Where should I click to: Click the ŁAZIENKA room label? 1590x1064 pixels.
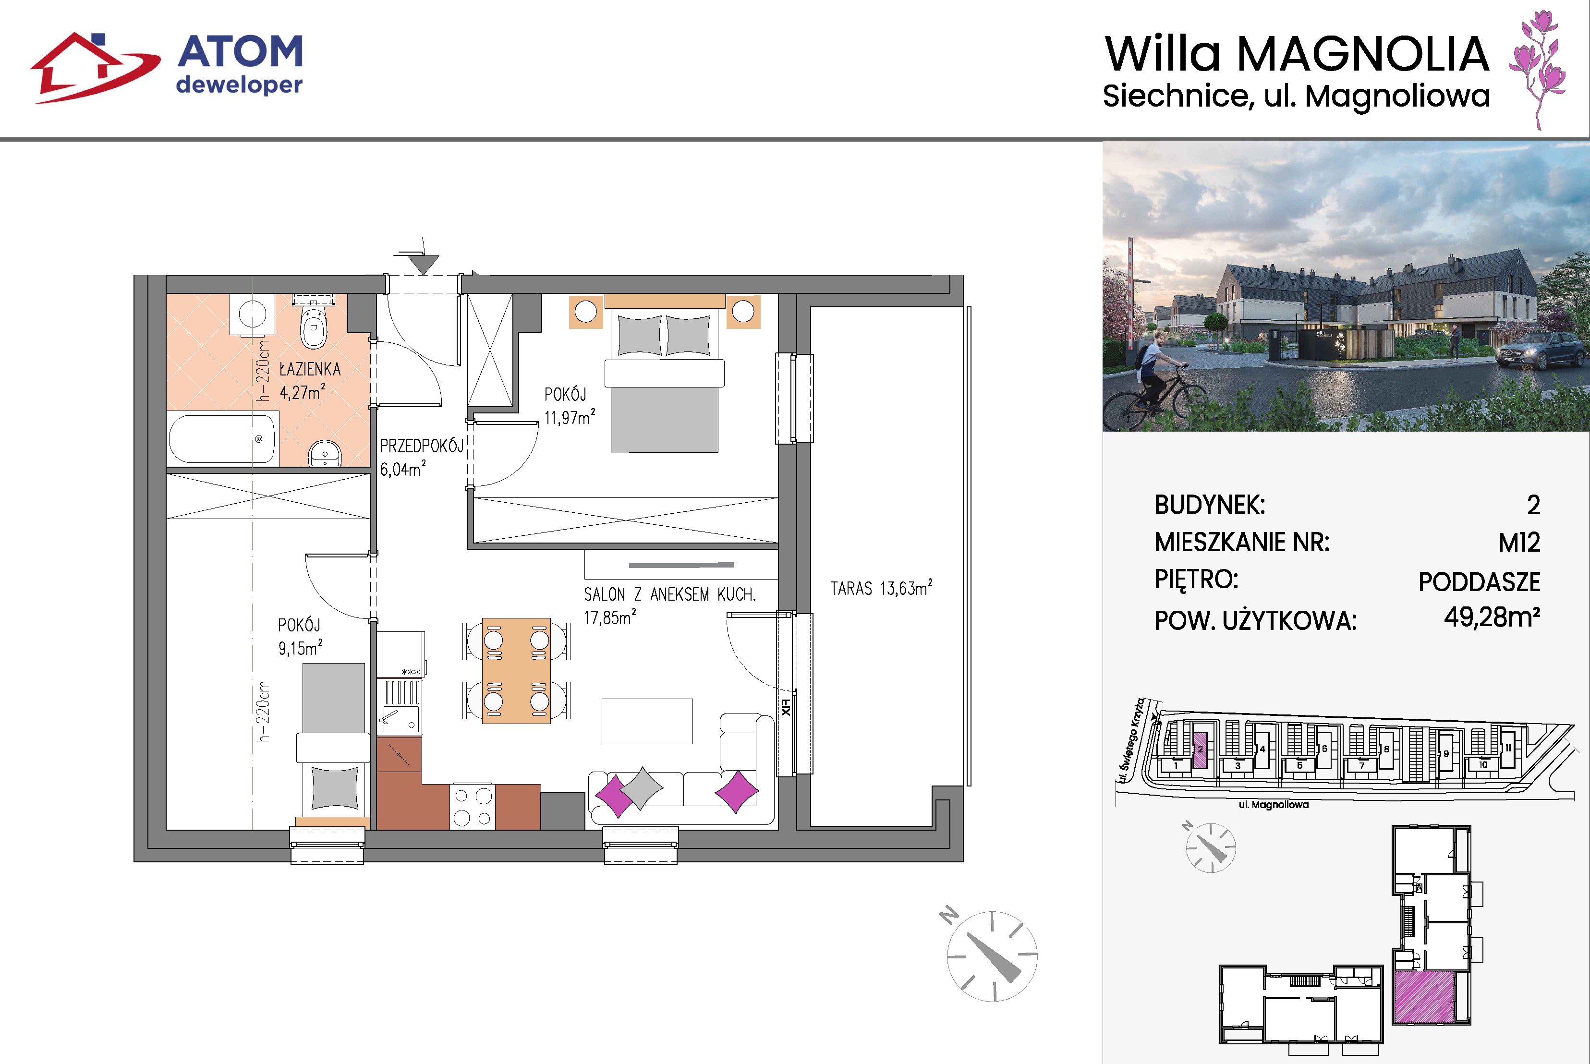(x=310, y=369)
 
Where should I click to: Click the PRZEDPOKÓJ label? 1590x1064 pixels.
(x=422, y=446)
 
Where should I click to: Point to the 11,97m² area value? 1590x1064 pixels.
(x=570, y=417)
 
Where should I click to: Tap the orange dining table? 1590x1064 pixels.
(x=516, y=670)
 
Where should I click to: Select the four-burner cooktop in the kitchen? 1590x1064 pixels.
(x=473, y=806)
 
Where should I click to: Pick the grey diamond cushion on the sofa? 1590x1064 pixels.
(x=641, y=787)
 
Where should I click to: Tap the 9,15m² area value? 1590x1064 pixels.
(x=300, y=648)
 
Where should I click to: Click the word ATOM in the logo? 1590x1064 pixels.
(x=240, y=52)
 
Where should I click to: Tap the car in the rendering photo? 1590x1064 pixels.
(x=1541, y=350)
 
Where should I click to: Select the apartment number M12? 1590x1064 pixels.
(x=1519, y=542)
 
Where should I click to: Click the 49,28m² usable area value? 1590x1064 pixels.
(x=1493, y=617)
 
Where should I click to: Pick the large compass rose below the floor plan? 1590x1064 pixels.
(x=992, y=956)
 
